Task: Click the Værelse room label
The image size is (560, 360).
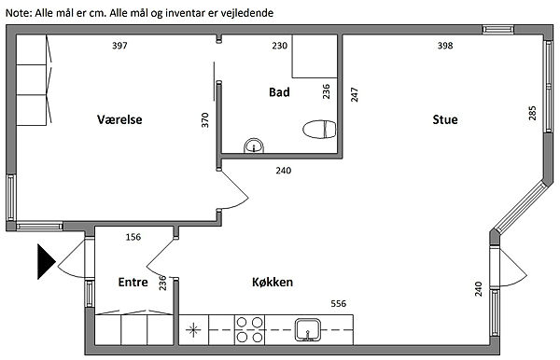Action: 119,119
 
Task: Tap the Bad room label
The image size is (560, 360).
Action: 279,92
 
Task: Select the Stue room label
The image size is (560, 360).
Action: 445,119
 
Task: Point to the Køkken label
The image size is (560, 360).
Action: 273,282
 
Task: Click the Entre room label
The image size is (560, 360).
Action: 133,282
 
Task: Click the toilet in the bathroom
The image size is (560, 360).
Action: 319,129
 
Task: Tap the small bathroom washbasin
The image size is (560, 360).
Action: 254,145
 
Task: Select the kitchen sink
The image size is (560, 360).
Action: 307,329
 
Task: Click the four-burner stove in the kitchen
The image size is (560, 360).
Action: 249,329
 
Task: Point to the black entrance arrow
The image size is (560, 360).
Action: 47,261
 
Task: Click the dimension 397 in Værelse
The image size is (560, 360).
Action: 119,46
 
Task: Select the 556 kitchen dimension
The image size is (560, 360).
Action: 338,304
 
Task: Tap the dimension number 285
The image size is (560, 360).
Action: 532,113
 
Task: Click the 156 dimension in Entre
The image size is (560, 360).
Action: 133,237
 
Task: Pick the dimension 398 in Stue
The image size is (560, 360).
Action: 445,46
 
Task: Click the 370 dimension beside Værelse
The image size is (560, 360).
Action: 204,120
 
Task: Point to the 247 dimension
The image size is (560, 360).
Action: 354,94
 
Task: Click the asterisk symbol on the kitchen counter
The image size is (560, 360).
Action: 193,329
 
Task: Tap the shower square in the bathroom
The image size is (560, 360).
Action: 315,56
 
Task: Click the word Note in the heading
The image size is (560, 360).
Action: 19,13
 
